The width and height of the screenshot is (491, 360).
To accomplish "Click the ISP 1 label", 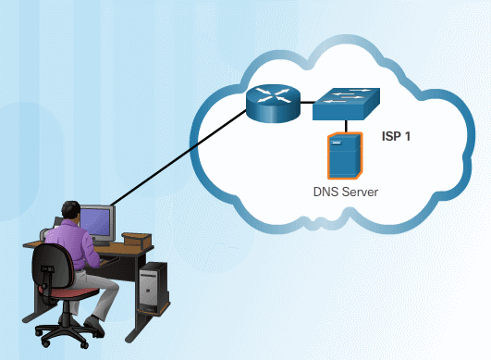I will (x=396, y=136).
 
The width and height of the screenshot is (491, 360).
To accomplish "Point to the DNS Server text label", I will (x=345, y=192).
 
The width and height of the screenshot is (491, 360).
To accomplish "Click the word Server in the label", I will (x=360, y=192).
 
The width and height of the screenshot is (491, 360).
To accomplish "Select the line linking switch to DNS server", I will (x=345, y=128).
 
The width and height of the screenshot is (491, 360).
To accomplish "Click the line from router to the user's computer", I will (x=185, y=158).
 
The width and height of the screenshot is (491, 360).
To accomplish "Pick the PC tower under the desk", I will (x=152, y=287).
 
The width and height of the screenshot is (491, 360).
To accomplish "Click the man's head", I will (x=68, y=212).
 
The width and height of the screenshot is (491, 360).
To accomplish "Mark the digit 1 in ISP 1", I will (x=408, y=136).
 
